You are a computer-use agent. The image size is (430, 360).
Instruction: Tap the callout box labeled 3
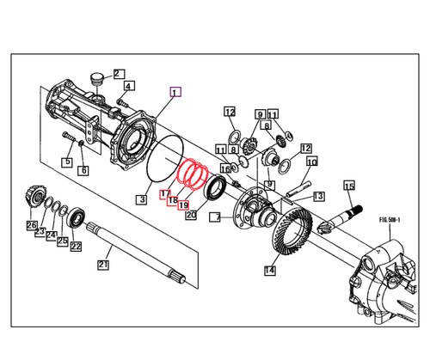140,199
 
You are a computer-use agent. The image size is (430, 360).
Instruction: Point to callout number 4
129,86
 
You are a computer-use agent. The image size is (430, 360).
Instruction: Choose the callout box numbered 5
66,162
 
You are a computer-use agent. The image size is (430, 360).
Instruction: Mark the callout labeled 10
311,162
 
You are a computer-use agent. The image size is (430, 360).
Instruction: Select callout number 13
318,196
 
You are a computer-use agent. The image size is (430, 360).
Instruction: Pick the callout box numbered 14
269,271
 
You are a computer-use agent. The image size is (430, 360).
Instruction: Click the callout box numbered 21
103,265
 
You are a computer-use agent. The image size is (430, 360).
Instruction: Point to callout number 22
76,247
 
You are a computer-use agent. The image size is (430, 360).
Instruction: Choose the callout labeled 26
32,226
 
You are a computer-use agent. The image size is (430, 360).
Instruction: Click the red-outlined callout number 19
182,204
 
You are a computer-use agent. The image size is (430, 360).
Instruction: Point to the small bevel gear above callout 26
34,196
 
